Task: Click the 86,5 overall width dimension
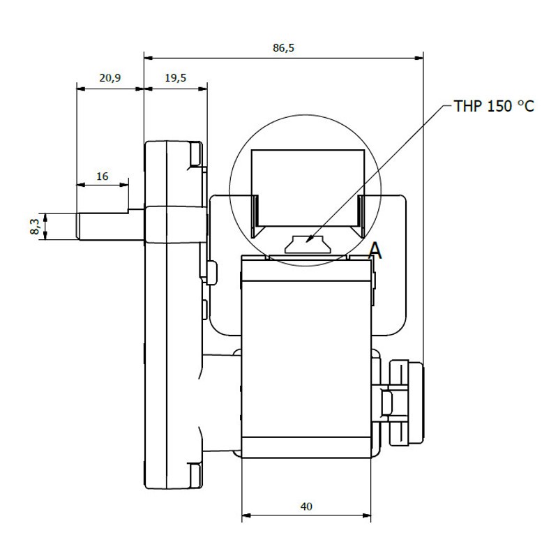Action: [283, 47]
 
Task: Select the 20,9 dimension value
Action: [110, 77]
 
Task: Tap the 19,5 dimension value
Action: [176, 77]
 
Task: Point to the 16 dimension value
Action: [102, 176]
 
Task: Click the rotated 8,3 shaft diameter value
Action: [35, 226]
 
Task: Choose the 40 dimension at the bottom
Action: [306, 506]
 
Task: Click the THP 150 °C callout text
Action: [494, 106]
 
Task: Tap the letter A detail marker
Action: [375, 250]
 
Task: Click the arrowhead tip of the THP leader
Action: [306, 243]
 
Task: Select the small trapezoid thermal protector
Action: [307, 244]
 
